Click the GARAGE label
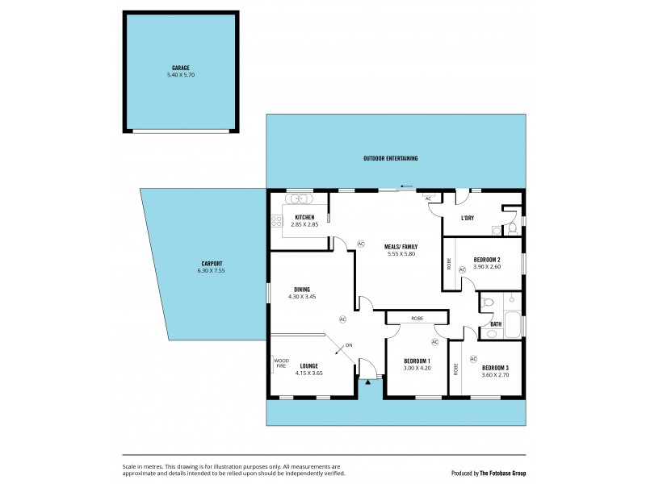(180, 68)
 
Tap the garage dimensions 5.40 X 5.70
(180, 75)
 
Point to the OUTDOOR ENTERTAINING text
(396, 158)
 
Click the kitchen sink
(300, 198)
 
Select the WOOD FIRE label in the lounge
(281, 363)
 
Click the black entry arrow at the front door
(369, 382)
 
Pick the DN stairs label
(349, 345)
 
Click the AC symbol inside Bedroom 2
(463, 269)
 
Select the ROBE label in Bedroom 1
(417, 319)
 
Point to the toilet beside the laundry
(513, 228)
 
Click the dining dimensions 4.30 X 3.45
(302, 297)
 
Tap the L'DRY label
(467, 219)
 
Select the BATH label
(496, 324)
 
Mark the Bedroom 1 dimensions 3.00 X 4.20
(417, 369)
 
